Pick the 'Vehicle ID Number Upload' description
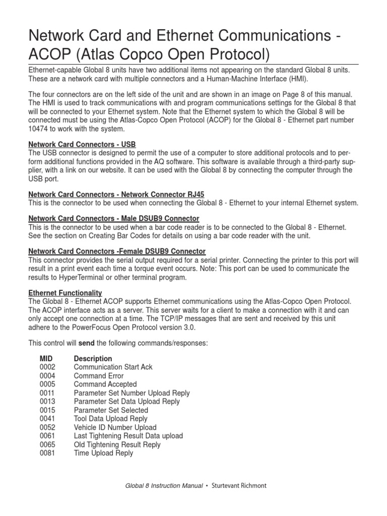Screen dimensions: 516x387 point(115,427)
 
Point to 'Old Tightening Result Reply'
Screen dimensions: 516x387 point(117,444)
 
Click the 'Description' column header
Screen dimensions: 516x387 point(93,359)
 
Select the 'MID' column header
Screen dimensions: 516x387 point(46,359)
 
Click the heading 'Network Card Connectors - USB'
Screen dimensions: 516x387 point(82,144)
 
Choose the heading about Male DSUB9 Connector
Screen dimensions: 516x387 point(113,218)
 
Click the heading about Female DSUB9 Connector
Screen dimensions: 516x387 point(116,251)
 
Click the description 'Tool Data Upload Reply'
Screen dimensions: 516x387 point(110,419)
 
